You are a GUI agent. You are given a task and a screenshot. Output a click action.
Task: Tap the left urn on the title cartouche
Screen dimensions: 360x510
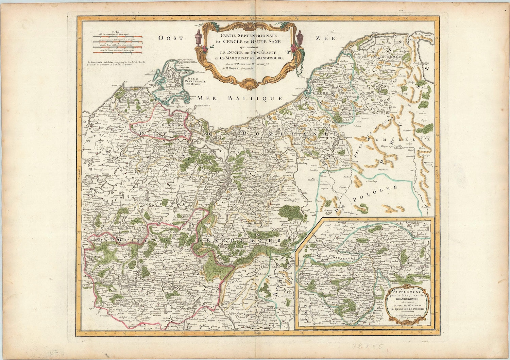click(199, 37)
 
